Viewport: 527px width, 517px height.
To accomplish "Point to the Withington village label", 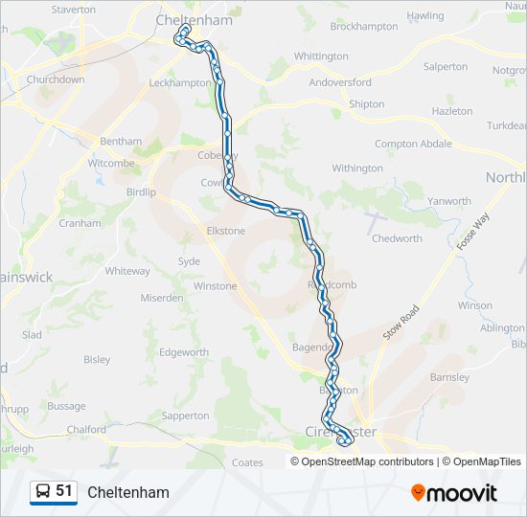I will point(357,169).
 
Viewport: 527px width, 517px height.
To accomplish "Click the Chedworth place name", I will point(396,238).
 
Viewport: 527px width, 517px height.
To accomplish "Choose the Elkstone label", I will point(226,231).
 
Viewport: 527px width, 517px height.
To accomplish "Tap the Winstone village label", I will point(215,286).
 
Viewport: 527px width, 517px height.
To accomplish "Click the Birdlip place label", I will point(141,191).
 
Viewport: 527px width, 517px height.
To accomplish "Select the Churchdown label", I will point(56,79).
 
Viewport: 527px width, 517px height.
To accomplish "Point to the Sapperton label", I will point(185,416).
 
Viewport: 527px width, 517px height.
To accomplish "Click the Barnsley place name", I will point(449,377).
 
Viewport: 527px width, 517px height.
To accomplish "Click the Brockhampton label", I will point(364,27).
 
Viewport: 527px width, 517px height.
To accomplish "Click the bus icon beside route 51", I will point(43,492).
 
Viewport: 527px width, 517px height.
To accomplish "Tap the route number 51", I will point(64,491).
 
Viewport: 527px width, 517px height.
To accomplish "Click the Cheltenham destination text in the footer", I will point(128,493).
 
